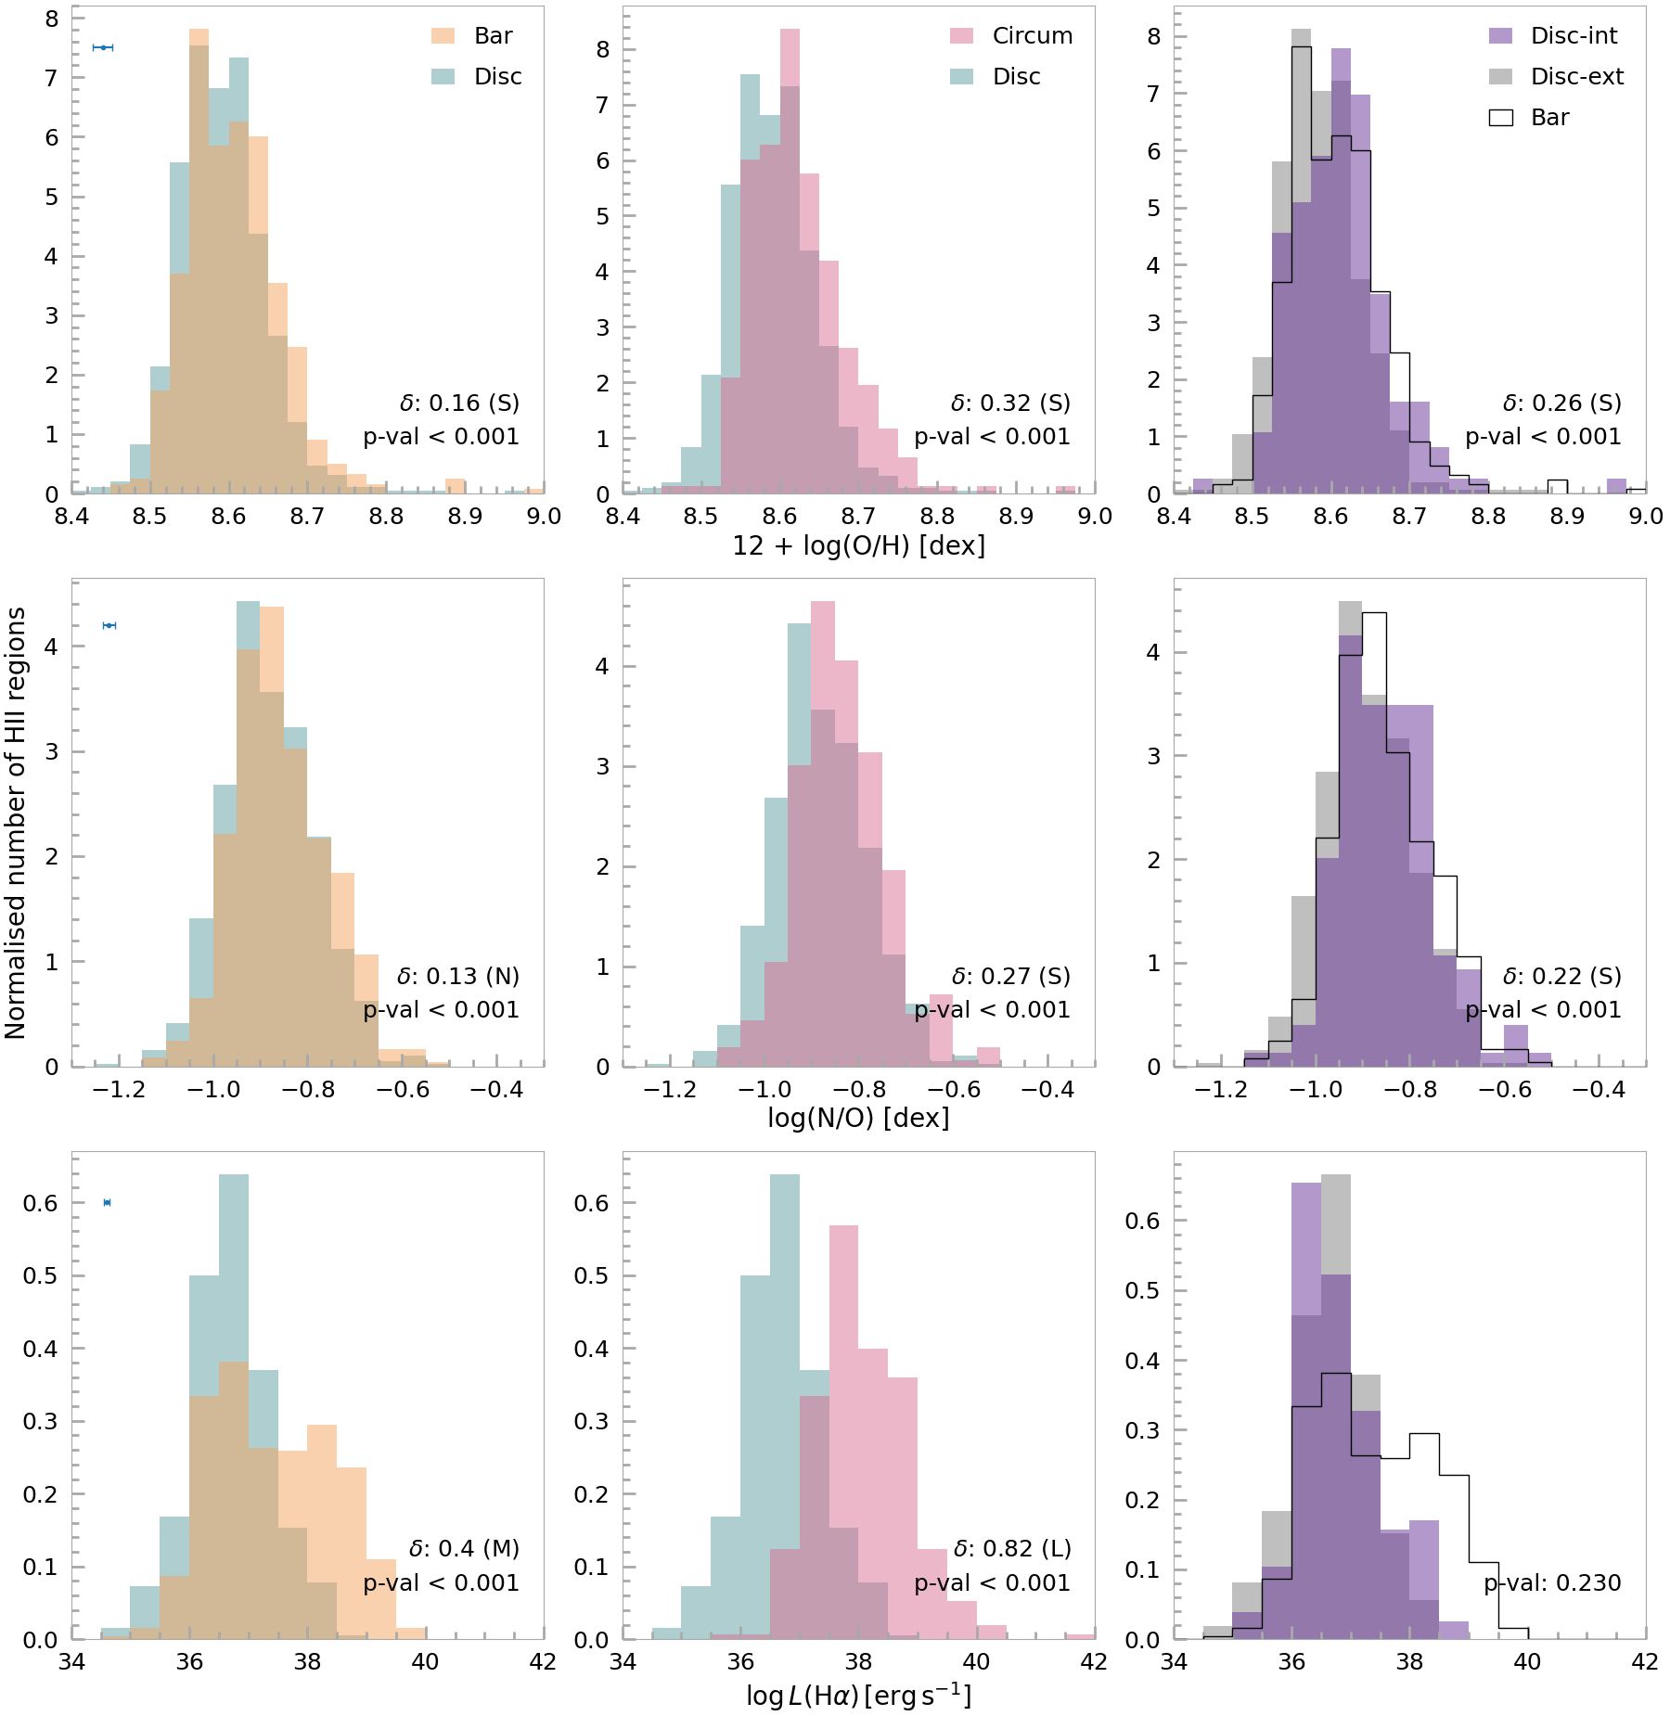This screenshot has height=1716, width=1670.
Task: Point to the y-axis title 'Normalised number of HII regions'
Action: pos(16,823)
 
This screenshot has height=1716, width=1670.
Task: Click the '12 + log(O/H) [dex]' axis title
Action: pos(858,545)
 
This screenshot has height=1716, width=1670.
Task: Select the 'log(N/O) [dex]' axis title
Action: pos(858,1118)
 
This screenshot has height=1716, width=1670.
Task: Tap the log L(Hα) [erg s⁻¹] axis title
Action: pos(858,1697)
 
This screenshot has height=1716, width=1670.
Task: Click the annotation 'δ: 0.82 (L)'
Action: pos(1011,1549)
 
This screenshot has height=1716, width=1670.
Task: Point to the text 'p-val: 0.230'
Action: pos(1552,1583)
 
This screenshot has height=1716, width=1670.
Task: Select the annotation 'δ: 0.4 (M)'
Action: pos(464,1549)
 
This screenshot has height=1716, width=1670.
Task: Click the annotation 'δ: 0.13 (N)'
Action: pos(458,977)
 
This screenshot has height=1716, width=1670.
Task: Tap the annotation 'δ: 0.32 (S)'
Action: pos(1010,403)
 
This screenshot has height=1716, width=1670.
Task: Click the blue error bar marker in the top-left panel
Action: pos(103,47)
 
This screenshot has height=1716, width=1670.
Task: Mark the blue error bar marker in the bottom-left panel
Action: pos(108,1203)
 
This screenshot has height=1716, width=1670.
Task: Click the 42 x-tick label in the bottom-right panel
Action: pos(1644,1661)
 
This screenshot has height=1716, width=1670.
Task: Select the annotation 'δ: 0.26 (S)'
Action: pos(1561,403)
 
